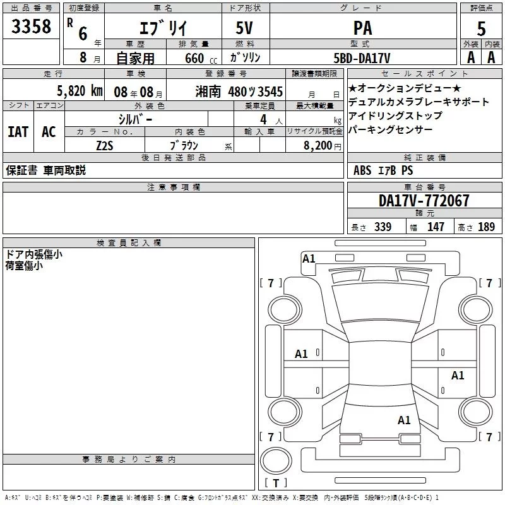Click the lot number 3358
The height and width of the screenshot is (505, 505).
31,27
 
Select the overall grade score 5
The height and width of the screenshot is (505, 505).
481,28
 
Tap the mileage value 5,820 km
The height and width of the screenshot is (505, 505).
80,91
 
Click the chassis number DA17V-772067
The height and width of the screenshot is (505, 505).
424,201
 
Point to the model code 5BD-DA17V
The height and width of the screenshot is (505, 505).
362,58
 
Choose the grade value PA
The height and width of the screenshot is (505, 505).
362,28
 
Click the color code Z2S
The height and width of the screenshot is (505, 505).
105,146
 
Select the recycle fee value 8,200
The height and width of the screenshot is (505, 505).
318,146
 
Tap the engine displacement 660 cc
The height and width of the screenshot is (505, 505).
201,58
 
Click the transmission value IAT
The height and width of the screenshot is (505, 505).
18,132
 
